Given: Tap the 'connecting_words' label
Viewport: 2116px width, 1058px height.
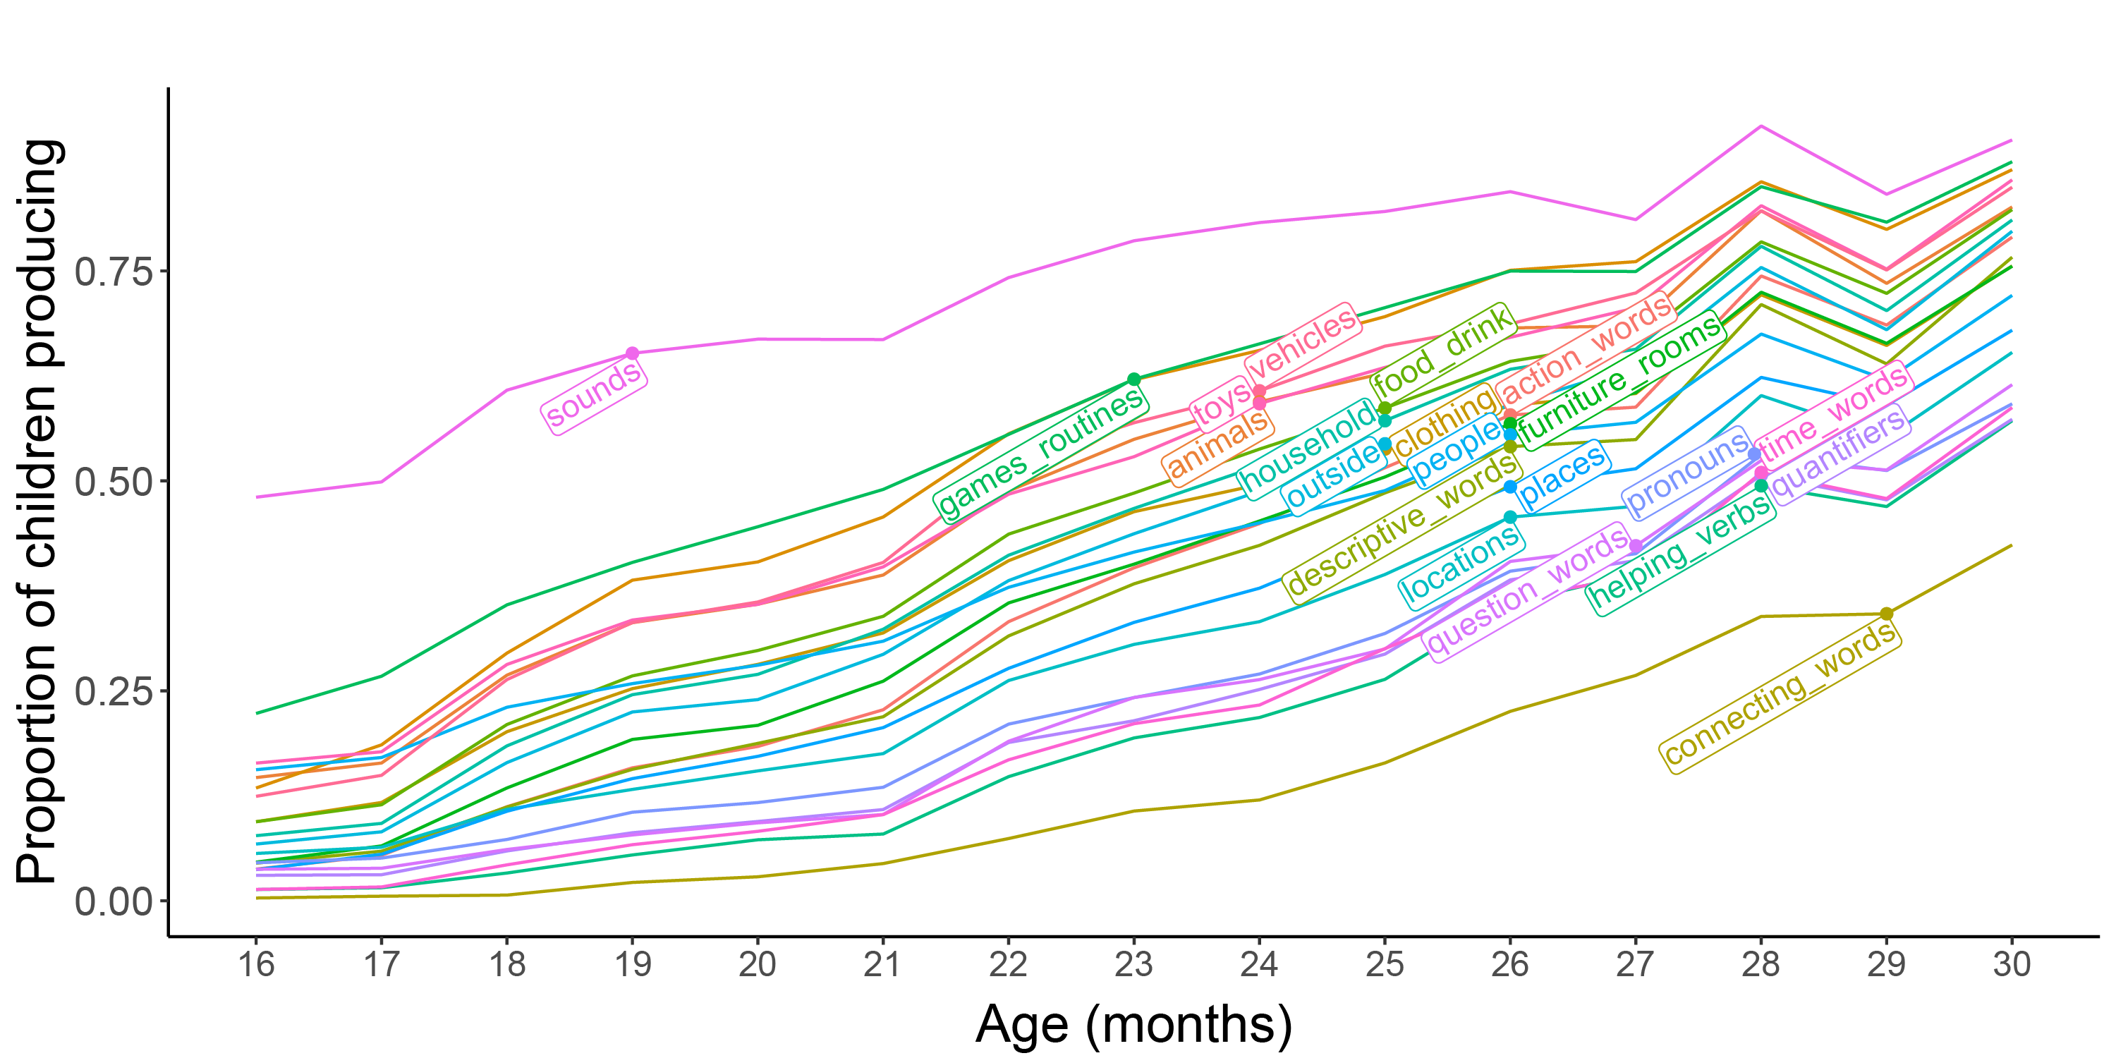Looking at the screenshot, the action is coord(1780,695).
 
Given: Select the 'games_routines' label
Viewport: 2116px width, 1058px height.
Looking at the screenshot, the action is coord(1041,453).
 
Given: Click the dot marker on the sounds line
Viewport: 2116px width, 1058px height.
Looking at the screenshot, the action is coord(633,353).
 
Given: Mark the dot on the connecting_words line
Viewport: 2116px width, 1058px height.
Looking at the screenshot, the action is coord(1887,614).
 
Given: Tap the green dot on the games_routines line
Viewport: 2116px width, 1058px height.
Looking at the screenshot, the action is coord(1134,379).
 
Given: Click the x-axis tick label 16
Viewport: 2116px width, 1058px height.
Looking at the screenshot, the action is coord(256,963).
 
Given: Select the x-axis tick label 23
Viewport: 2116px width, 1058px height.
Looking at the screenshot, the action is coord(1133,963).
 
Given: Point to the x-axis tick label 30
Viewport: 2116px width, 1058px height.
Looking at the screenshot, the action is coord(2012,963).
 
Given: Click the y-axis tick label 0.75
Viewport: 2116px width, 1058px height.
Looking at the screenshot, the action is coord(114,271).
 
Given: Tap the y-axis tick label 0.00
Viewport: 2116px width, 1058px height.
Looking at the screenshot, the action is coord(114,901).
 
